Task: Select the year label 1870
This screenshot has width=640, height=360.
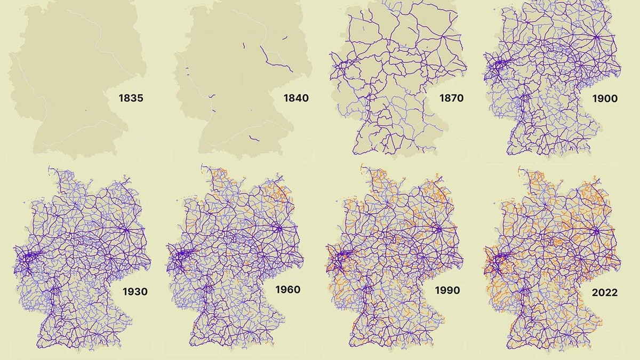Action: (x=451, y=98)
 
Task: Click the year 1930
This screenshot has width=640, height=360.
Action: (x=135, y=292)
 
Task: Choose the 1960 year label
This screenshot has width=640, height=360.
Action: (x=287, y=290)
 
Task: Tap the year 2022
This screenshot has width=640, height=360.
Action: (x=604, y=293)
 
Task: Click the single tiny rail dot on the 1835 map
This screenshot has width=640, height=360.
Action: (x=85, y=110)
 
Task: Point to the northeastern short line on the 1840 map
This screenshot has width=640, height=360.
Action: (x=285, y=38)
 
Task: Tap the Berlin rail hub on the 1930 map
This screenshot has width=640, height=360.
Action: (x=128, y=230)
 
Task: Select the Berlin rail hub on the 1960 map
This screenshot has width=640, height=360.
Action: (x=279, y=229)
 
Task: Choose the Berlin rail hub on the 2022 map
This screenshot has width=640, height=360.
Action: (x=596, y=231)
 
